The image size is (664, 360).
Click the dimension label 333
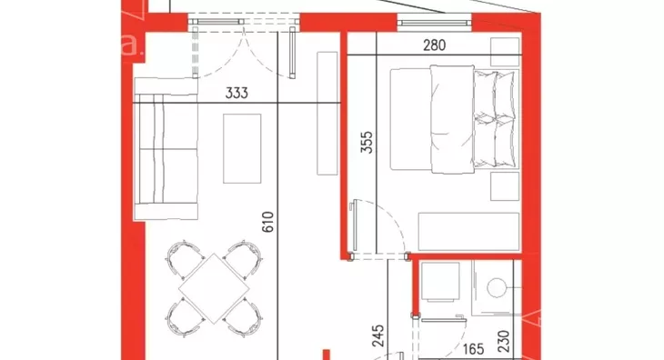(236, 93)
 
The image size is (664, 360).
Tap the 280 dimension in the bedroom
(435, 45)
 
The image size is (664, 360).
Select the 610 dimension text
(268, 222)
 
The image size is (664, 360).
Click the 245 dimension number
(378, 335)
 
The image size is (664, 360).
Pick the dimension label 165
(473, 349)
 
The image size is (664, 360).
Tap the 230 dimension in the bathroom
(504, 342)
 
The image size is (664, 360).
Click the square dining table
(215, 288)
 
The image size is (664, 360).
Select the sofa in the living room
(166, 149)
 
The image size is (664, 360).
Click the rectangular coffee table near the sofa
(242, 148)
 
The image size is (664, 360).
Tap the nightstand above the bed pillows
(505, 52)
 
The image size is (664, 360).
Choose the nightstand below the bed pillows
(505, 186)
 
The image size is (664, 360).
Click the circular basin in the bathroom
(498, 288)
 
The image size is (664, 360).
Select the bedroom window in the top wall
(435, 22)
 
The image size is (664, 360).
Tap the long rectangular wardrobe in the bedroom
(468, 232)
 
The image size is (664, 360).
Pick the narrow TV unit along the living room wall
(327, 114)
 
